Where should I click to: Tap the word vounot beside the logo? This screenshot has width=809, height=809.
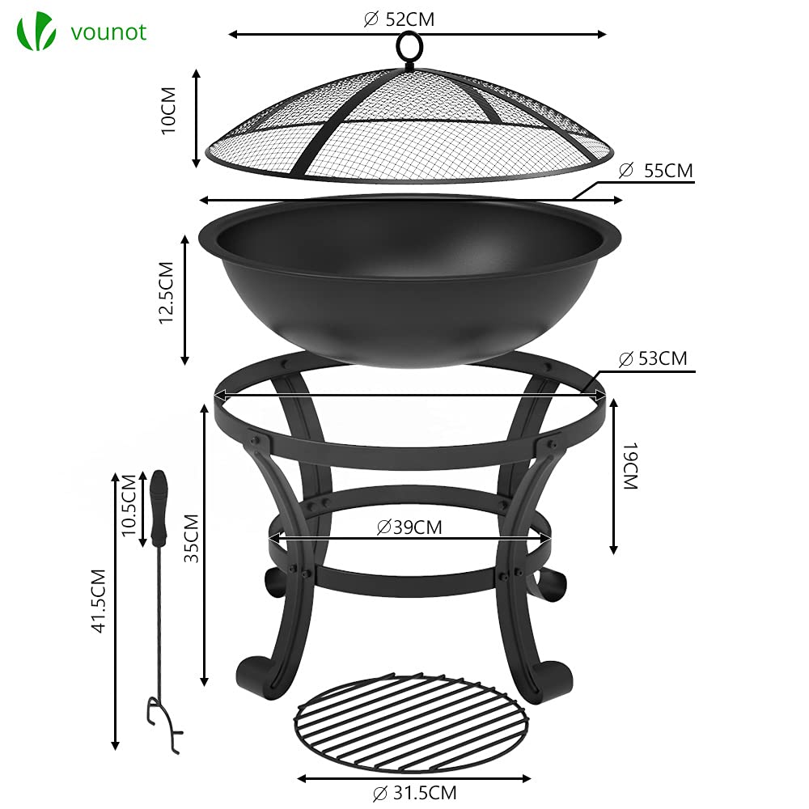[108, 32]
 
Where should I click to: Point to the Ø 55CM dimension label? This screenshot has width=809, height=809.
[656, 171]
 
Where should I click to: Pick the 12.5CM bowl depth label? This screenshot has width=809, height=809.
[167, 293]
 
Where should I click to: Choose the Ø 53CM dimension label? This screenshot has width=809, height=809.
[652, 358]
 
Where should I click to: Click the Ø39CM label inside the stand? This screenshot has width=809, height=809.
[409, 527]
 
